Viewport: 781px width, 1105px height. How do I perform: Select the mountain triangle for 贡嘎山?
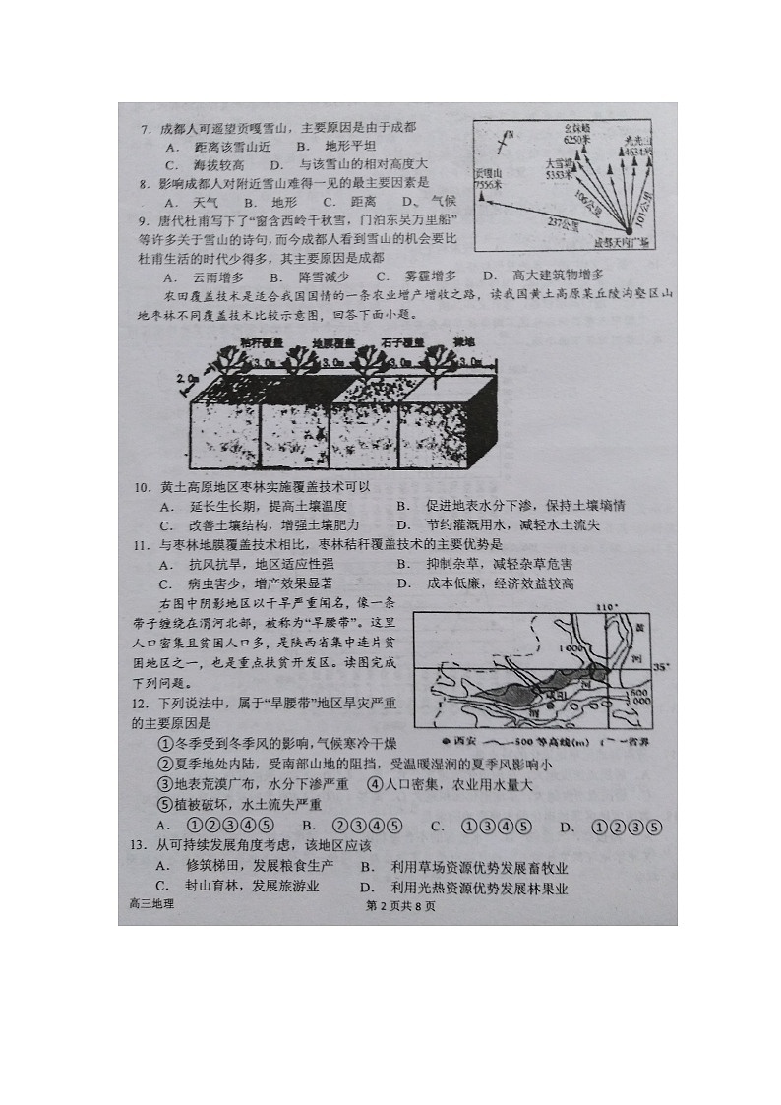[481, 197]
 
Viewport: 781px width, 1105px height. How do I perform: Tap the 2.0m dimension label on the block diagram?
[187, 378]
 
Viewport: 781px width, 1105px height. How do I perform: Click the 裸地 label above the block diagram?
[436, 341]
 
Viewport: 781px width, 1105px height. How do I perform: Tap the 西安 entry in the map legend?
[459, 740]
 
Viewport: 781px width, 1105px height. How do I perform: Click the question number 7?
[144, 128]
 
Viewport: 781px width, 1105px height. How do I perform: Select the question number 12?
[140, 704]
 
